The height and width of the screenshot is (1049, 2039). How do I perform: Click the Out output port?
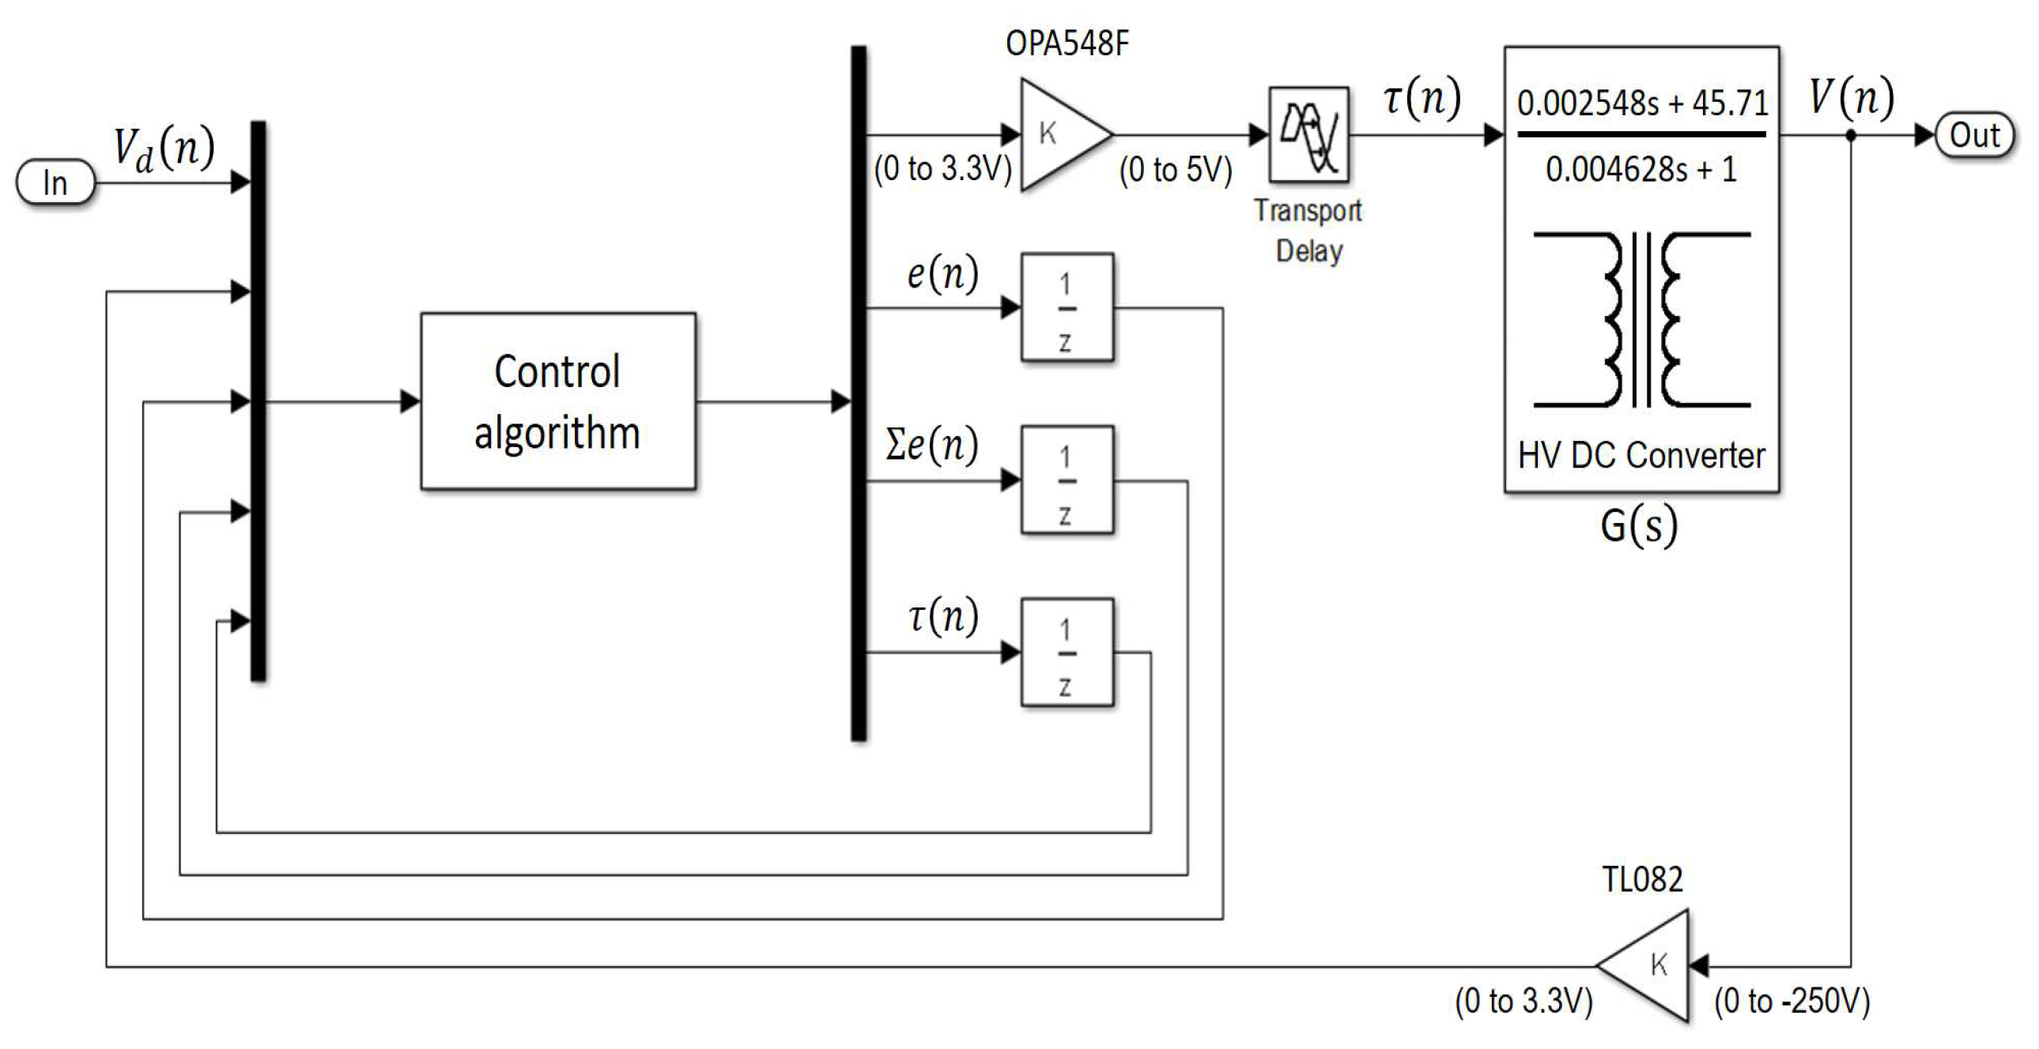[x=1973, y=135]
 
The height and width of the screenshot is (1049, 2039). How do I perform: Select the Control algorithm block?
[x=558, y=401]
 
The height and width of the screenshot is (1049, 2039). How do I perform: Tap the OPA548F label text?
[x=1067, y=43]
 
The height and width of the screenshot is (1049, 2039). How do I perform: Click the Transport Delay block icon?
[x=1308, y=134]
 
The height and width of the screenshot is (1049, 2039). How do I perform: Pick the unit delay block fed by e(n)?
[x=1067, y=308]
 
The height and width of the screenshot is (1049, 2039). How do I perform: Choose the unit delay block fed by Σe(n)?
[x=1067, y=480]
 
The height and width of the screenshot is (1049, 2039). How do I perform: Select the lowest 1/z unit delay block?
[x=1067, y=652]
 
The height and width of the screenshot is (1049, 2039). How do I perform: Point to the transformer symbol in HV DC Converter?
[x=1641, y=320]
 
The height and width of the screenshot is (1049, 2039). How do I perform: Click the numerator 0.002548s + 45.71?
[x=1641, y=103]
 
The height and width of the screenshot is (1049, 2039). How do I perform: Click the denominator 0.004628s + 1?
[x=1641, y=169]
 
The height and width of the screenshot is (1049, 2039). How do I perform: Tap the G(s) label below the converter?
[x=1638, y=525]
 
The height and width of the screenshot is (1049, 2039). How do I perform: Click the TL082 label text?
[x=1641, y=879]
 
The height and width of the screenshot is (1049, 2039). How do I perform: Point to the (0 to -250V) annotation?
[x=1792, y=1002]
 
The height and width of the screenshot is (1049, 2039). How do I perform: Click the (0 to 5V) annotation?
[x=1176, y=169]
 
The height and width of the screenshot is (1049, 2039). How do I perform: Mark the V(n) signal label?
[x=1851, y=97]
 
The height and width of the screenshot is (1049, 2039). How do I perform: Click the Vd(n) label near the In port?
[x=164, y=148]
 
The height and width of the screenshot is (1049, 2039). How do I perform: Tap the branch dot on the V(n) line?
[x=1851, y=135]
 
